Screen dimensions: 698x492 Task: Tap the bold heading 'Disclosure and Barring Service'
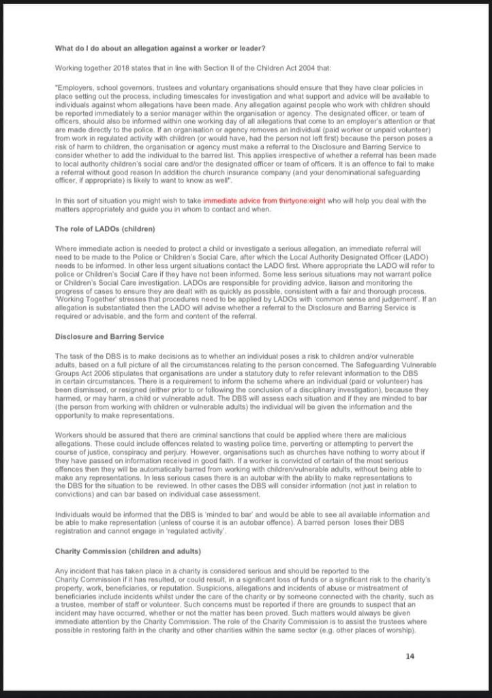pos(109,336)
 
